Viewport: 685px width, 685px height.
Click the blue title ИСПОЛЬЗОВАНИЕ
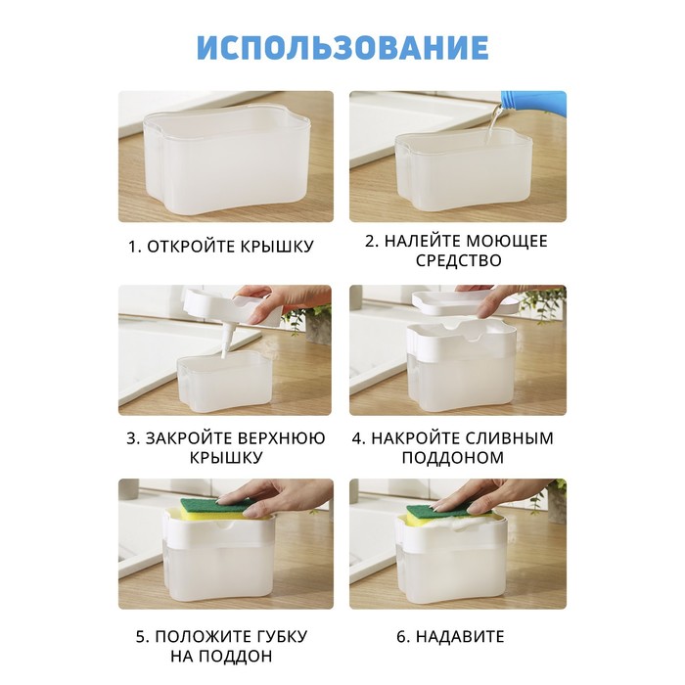[x=342, y=47]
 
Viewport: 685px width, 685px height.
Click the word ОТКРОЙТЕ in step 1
[x=187, y=247]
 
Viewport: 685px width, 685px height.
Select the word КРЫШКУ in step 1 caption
[x=273, y=247]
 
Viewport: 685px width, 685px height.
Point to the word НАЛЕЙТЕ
[x=421, y=241]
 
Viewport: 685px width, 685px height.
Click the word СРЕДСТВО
[x=458, y=261]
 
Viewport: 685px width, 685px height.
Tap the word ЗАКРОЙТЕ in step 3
[x=189, y=438]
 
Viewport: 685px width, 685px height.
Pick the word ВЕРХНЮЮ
[x=282, y=438]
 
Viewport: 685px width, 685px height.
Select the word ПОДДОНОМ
[x=453, y=458]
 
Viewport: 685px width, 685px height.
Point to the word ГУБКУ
[x=281, y=636]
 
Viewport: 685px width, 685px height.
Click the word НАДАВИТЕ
[x=460, y=636]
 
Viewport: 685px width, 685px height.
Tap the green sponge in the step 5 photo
[x=218, y=506]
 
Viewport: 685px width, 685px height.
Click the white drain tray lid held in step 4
[x=463, y=302]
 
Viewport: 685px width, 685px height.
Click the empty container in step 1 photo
[x=226, y=162]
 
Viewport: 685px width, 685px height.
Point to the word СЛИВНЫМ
[x=510, y=438]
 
